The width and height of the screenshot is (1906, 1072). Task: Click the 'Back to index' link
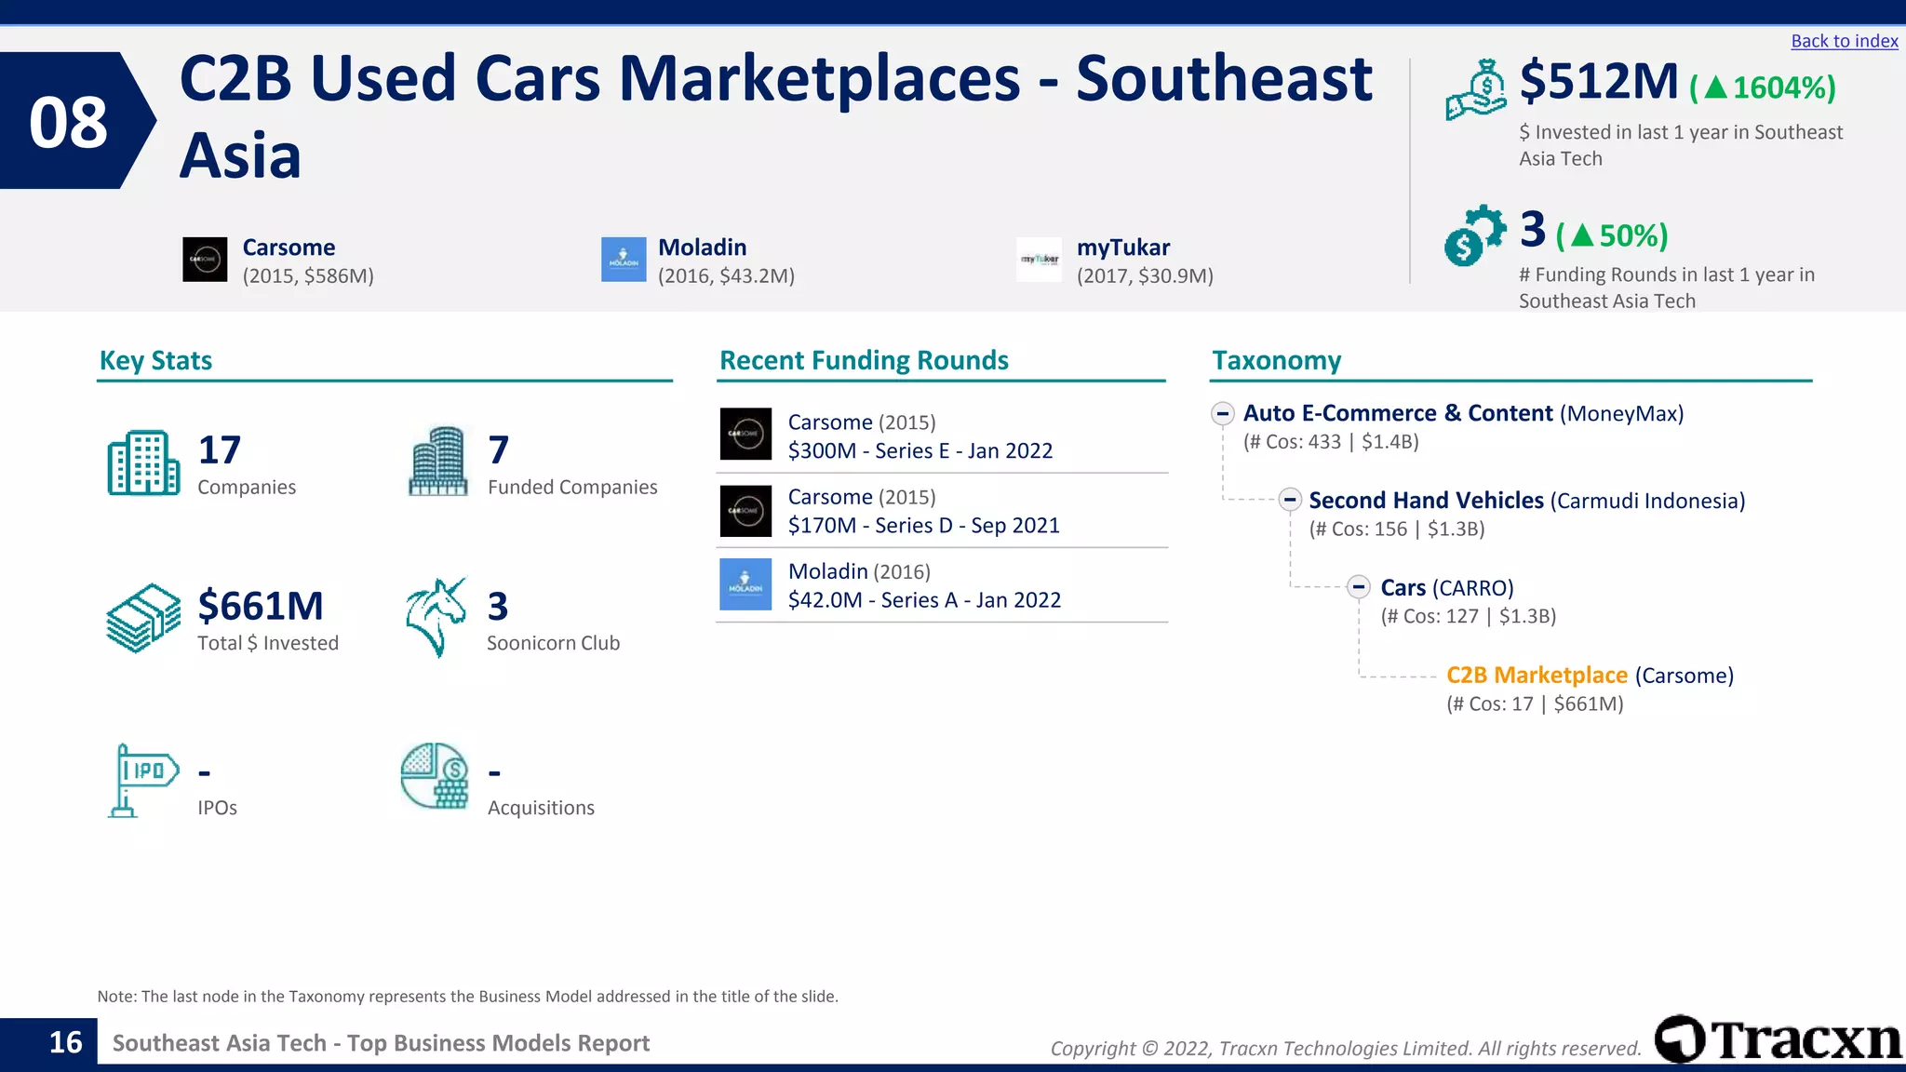1844,41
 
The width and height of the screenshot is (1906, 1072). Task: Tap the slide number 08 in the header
68,122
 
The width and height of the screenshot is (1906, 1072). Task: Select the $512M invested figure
1598,82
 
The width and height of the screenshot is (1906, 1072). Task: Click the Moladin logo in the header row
624,260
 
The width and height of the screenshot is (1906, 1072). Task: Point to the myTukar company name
1122,248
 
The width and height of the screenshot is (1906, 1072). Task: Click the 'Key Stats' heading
155,360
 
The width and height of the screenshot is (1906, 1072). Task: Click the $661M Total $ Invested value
261,607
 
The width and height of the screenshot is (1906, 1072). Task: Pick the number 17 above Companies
220,450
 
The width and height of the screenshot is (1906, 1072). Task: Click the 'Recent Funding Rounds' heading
864,360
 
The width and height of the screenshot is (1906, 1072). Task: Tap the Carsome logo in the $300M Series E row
745,434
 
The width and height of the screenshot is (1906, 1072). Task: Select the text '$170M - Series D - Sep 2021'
923,526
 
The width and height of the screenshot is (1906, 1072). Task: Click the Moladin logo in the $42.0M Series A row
745,584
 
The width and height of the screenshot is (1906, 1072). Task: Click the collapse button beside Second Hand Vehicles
1289,500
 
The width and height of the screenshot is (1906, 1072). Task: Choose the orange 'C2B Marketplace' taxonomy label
1537,676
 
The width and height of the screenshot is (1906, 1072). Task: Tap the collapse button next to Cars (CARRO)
1359,587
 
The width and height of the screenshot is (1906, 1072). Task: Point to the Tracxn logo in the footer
1778,1039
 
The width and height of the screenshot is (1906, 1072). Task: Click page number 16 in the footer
65,1042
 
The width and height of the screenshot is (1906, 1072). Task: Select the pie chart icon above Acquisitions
435,776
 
